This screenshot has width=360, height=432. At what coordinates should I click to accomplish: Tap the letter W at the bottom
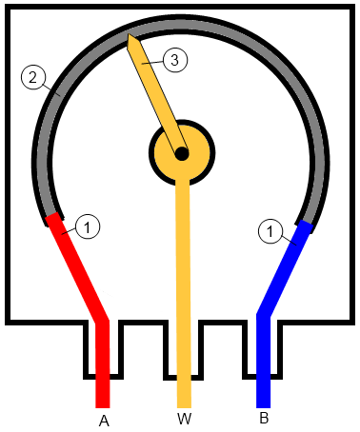tap(183, 420)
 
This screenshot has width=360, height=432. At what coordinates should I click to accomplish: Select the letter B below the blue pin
tap(264, 418)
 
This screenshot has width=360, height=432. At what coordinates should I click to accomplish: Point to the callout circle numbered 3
tap(173, 60)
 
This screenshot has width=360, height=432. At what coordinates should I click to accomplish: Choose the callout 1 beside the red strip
tap(87, 226)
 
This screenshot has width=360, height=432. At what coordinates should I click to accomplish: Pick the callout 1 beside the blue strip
tap(272, 231)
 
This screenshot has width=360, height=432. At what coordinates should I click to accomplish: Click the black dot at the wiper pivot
tap(182, 152)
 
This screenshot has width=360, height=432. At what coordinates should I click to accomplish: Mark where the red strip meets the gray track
tap(53, 221)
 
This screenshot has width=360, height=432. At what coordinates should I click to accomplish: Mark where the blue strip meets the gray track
tap(307, 226)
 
